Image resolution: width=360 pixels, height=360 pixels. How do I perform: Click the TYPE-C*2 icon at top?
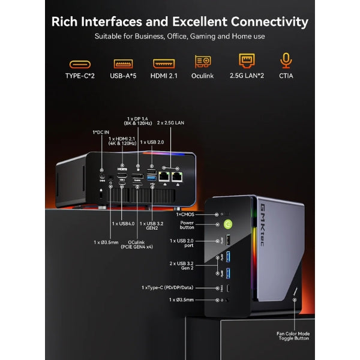80,63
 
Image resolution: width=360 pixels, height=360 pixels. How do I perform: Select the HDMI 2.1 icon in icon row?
163,63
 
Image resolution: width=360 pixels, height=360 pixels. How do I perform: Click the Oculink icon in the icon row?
203,62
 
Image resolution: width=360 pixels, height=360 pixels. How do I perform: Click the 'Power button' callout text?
187,225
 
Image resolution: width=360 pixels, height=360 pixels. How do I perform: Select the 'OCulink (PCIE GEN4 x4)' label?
138,243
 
